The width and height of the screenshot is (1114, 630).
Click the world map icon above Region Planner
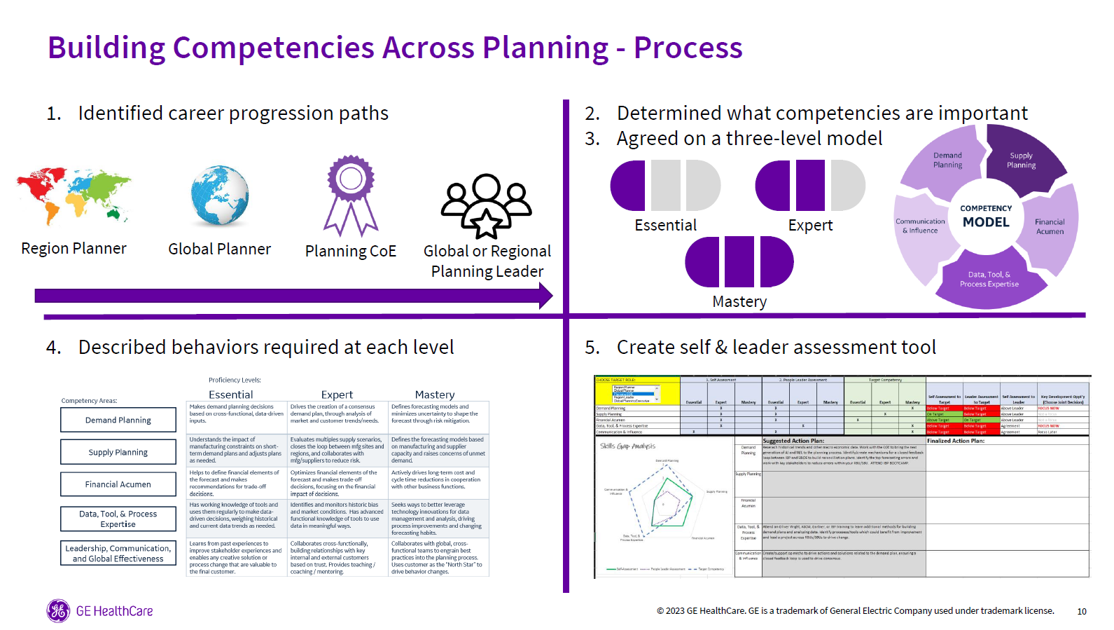pos(74,196)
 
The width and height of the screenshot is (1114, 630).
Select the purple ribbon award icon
pos(351,196)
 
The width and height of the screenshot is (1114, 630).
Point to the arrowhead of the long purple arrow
pos(545,296)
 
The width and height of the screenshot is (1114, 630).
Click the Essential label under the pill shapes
pos(665,226)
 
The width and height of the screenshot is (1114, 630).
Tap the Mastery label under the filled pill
pos(739,302)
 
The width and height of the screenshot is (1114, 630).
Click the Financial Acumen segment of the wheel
pos(1050,226)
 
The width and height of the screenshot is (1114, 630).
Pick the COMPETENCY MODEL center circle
pos(986,217)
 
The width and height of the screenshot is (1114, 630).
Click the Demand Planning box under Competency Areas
pos(118,420)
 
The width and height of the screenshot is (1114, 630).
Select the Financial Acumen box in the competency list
pos(118,484)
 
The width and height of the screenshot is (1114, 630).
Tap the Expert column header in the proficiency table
pos(337,395)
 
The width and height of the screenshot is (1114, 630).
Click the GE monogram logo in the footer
pos(58,611)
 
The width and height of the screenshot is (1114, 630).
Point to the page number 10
pos(1082,612)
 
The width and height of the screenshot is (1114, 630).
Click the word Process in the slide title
pos(688,48)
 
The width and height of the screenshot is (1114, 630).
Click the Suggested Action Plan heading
pos(793,441)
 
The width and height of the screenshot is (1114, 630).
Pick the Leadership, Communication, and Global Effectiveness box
pos(118,554)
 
